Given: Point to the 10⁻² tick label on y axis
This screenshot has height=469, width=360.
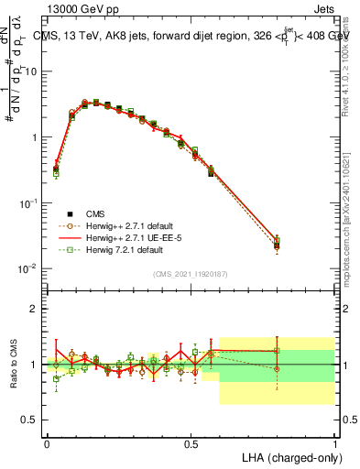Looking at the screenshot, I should click(x=28, y=268).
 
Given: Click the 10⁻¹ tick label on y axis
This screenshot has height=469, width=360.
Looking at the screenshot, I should click(x=28, y=202).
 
